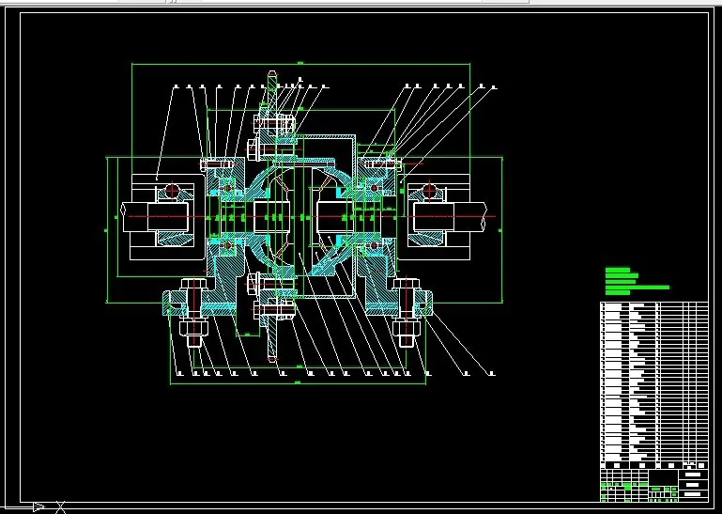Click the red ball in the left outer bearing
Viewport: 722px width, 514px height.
[x=171, y=191]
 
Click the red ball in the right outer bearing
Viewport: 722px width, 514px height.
[x=429, y=191]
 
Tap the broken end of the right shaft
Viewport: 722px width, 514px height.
[x=489, y=217]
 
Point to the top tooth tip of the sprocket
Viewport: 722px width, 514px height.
[x=272, y=72]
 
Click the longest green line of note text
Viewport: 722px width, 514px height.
[x=638, y=288]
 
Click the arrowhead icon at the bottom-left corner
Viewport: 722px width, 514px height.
[x=38, y=507]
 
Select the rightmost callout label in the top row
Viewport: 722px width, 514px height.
[x=494, y=87]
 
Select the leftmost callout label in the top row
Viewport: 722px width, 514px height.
[x=176, y=87]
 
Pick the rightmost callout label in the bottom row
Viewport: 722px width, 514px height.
[x=489, y=373]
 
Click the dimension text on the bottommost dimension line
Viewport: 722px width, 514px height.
[x=298, y=383]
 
